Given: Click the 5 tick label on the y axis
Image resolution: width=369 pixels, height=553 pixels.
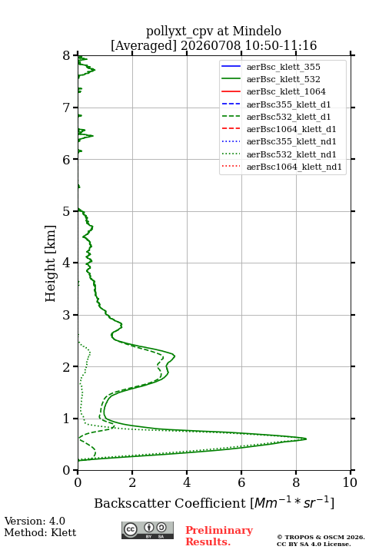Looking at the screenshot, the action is [x=67, y=211].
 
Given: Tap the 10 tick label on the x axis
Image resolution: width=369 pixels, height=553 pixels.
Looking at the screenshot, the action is [x=350, y=482].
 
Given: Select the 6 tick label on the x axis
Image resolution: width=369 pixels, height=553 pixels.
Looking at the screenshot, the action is [x=241, y=482].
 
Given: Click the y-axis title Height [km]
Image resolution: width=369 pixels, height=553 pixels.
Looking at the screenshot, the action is [x=50, y=263].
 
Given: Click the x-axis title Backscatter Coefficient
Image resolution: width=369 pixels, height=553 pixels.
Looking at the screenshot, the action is [x=170, y=503].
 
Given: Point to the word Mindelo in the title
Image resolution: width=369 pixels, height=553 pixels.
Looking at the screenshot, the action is [x=257, y=31].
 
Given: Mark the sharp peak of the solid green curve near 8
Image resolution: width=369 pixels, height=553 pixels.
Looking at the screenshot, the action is [x=306, y=439].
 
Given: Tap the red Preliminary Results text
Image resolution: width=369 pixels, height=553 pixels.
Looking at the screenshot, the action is [x=219, y=536].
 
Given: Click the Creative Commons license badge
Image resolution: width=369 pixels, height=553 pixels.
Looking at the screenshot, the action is [x=148, y=530].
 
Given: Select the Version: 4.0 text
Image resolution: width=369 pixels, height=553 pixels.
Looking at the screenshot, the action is [x=35, y=521].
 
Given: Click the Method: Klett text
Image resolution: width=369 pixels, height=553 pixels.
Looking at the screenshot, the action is [x=40, y=532].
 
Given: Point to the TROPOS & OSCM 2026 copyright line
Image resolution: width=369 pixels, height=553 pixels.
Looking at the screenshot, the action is [x=321, y=537].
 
